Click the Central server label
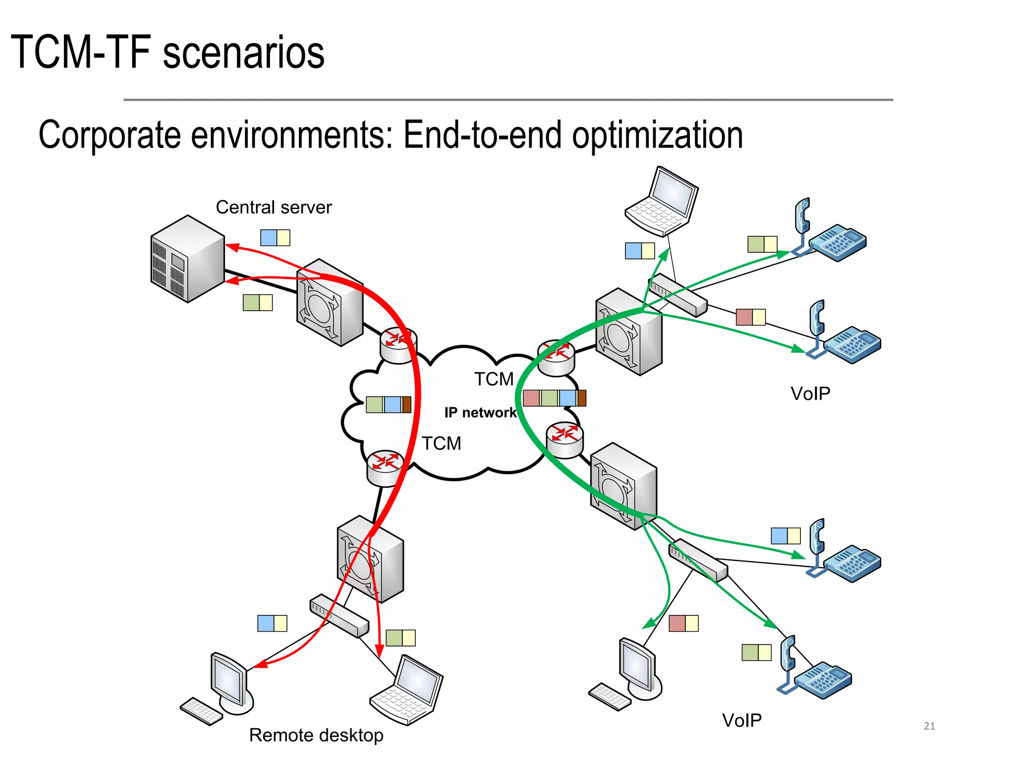pos(274,207)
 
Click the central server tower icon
pos(187,259)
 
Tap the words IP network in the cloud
pos(480,412)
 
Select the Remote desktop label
pos(316,735)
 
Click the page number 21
pos(929,726)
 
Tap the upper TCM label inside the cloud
pos(494,379)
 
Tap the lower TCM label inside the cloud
pos(441,443)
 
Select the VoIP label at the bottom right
pos(741,720)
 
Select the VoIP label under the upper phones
pos(810,393)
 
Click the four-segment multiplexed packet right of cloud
pos(554,398)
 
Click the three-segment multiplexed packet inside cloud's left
pos(389,404)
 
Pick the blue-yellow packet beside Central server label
pos(275,238)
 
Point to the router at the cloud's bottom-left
pos(385,467)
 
